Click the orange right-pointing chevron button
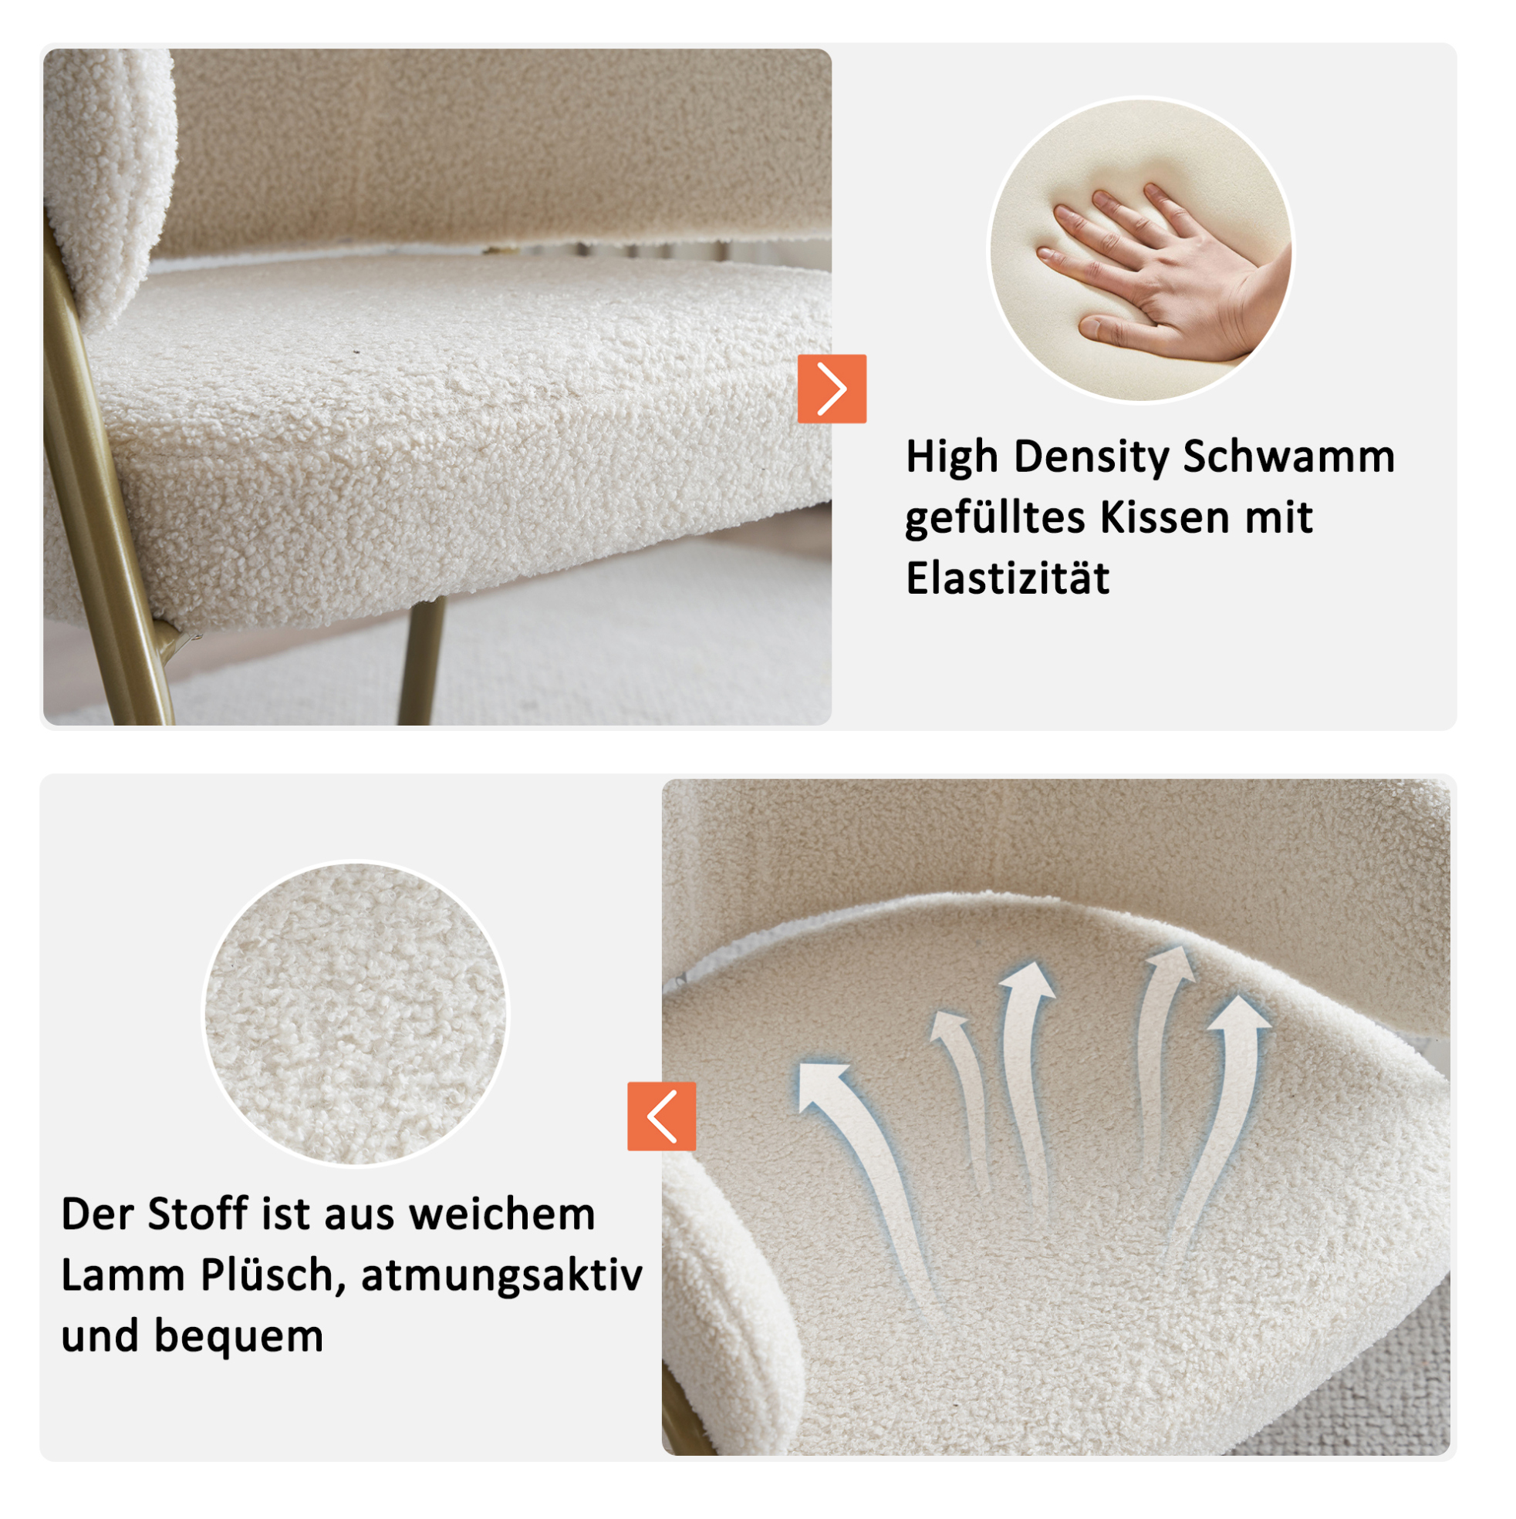pyautogui.click(x=832, y=389)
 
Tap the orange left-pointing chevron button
pyautogui.click(x=662, y=1116)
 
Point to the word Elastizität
pyautogui.click(x=1007, y=578)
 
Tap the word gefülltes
pyautogui.click(x=995, y=519)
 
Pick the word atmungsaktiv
pyautogui.click(x=502, y=1276)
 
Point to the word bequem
pyautogui.click(x=238, y=1337)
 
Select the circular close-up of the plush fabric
pyautogui.click(x=356, y=1014)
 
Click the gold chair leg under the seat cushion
pyautogui.click(x=422, y=661)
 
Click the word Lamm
pyautogui.click(x=123, y=1275)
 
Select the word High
pyautogui.click(x=952, y=457)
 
